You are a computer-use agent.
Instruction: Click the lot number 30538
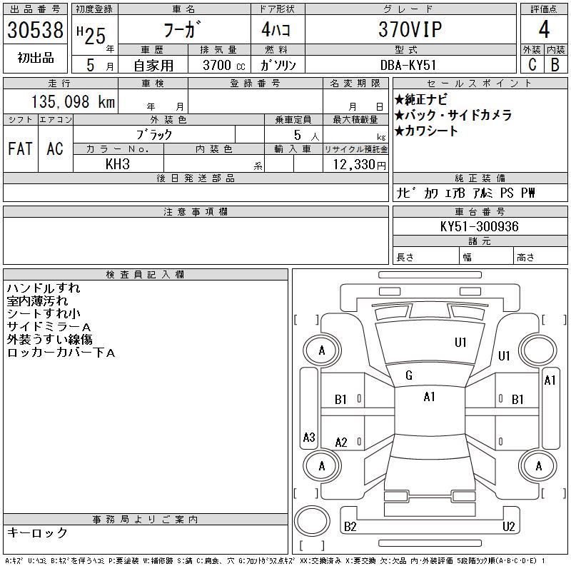coord(35,30)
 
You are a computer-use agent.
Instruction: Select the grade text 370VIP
coord(410,29)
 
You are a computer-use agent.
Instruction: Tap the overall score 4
coord(544,29)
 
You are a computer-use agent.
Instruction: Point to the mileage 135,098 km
coord(73,101)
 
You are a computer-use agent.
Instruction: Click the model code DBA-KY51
coord(408,65)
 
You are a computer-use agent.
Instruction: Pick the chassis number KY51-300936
coord(479,226)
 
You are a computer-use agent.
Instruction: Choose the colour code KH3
coord(117,164)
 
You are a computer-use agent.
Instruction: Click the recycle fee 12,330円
coord(359,165)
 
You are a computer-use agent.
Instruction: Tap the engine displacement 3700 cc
coord(224,65)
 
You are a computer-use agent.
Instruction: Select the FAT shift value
coord(20,149)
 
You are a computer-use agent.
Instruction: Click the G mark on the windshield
coord(409,375)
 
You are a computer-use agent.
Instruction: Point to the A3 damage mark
coord(309,437)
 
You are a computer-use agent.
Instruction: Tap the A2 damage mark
coord(341,443)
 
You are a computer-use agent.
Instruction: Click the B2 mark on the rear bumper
coord(350,527)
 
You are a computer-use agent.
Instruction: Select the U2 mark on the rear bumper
coord(508,527)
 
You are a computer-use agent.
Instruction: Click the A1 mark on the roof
coord(430,397)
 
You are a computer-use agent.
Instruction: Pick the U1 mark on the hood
coord(460,343)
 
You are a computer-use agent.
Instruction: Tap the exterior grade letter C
coord(532,65)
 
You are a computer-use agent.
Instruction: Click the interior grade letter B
coord(555,65)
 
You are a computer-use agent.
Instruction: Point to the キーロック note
coord(37,532)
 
